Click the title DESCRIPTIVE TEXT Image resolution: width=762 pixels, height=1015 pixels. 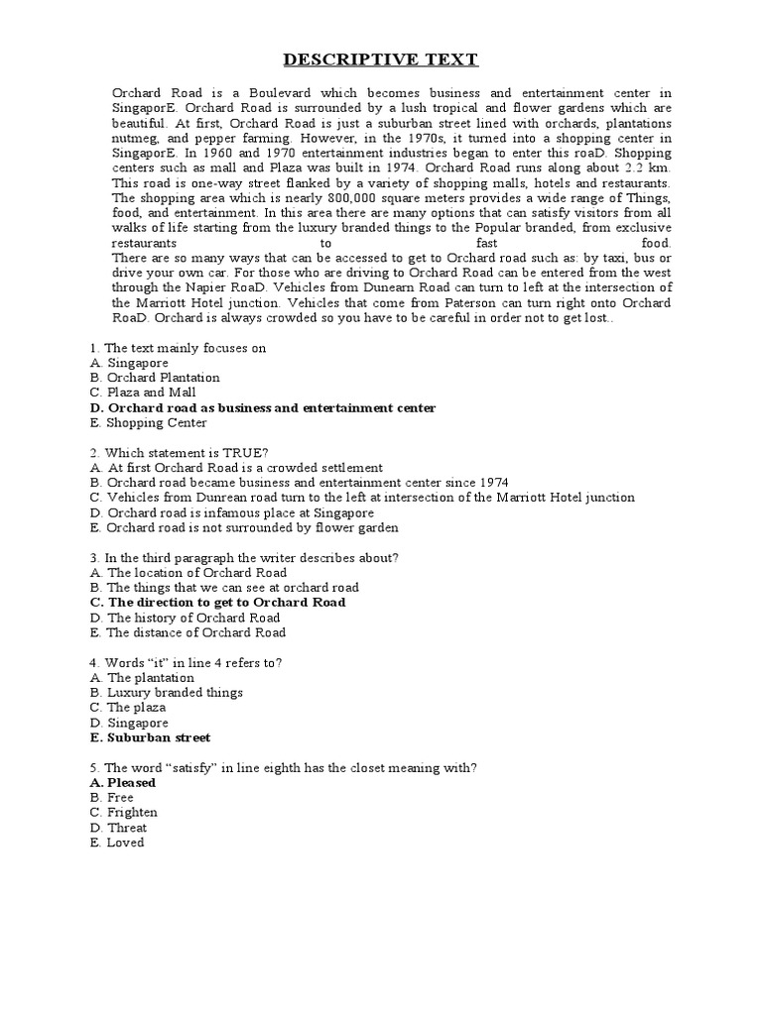tap(381, 61)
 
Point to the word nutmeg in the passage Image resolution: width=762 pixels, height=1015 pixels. tap(133, 139)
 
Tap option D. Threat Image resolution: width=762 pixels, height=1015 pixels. tap(118, 828)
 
